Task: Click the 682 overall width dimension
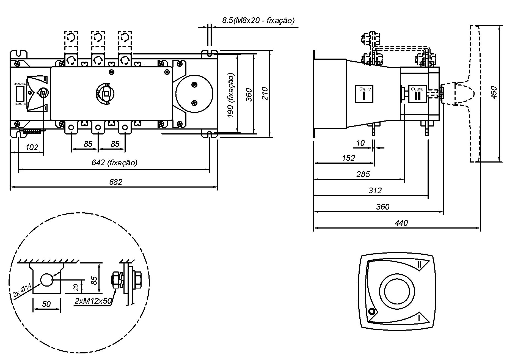pos(115,182)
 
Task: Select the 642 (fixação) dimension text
pos(114,163)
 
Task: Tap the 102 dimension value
pos(32,147)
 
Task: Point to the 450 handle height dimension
pos(494,93)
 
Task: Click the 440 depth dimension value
pos(401,223)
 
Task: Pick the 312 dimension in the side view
pos(375,190)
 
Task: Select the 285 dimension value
pos(363,174)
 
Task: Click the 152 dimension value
pos(348,158)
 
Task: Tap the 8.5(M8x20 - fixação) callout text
pos(258,20)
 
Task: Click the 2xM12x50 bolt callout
pos(93,301)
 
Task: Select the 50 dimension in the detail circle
pos(46,304)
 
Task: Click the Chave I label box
pos(364,94)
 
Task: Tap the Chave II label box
pos(417,94)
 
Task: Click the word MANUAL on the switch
pos(20,84)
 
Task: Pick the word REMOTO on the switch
pos(20,104)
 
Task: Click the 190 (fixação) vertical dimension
pos(231,95)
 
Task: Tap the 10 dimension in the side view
pos(360,143)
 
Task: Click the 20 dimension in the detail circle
pos(77,287)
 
